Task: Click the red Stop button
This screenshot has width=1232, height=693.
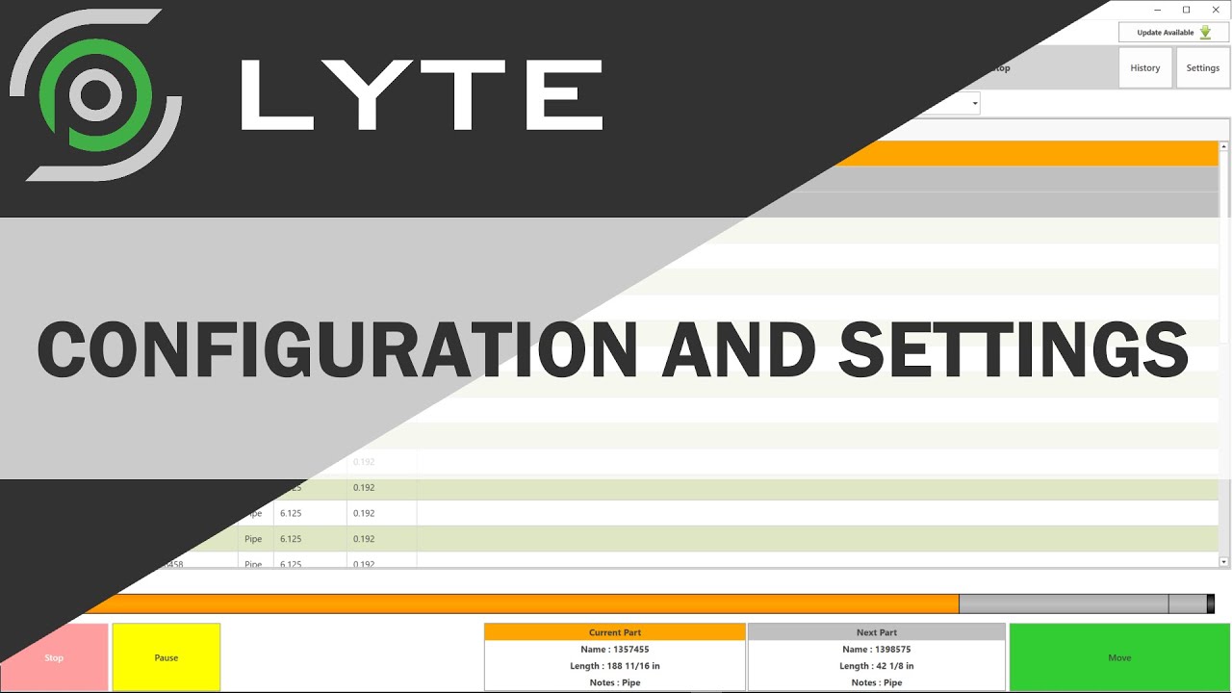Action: [54, 657]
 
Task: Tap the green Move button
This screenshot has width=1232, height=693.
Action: [1119, 657]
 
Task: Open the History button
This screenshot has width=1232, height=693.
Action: [1145, 68]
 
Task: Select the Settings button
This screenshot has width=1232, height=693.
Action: [1203, 68]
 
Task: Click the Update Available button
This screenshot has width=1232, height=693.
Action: [1173, 33]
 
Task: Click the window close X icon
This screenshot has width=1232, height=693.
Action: [1216, 10]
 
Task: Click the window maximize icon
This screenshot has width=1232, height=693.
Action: [1187, 10]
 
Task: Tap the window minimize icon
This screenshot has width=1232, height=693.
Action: [1158, 10]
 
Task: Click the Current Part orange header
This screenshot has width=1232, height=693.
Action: [615, 632]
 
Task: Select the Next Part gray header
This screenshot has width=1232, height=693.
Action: [877, 632]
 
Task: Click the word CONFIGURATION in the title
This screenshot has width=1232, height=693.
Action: [337, 348]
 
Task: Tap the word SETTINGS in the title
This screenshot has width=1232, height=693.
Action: [1013, 348]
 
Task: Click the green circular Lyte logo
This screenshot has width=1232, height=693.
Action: [95, 94]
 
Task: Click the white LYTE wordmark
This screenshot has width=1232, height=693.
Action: [422, 94]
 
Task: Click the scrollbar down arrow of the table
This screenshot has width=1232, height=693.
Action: [1224, 561]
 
